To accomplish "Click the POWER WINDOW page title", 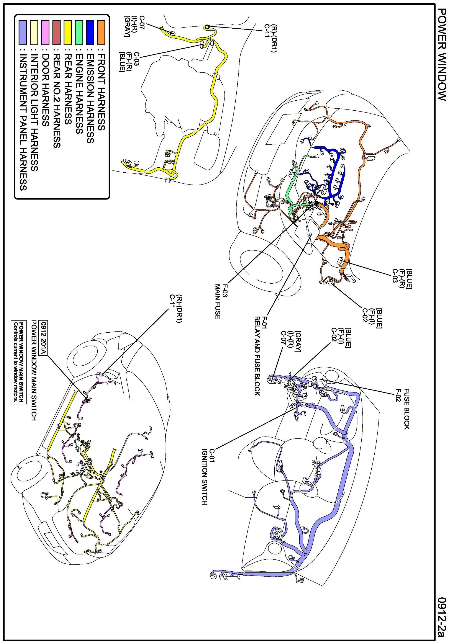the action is click(x=441, y=55).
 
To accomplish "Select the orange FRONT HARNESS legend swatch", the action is click(x=101, y=32).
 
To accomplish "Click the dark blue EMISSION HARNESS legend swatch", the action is click(x=90, y=32).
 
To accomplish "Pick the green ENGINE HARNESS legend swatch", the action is click(x=79, y=32).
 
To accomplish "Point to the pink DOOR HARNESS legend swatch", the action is click(x=45, y=32).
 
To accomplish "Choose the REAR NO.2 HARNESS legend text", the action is click(x=56, y=101).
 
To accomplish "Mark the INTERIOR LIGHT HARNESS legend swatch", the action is click(x=34, y=32).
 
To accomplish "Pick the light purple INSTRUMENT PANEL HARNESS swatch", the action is click(x=23, y=32).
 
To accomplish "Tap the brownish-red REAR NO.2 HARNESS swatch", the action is click(x=56, y=32).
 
